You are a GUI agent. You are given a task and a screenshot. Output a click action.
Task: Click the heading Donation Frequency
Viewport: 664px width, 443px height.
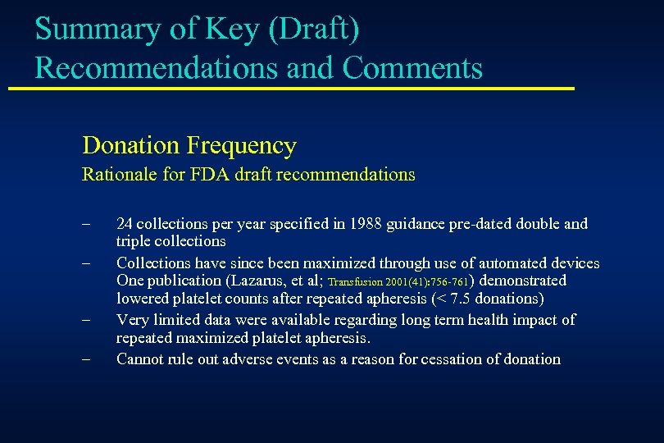pyautogui.click(x=189, y=146)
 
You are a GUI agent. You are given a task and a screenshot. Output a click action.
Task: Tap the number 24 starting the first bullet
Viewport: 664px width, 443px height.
pyautogui.click(x=125, y=223)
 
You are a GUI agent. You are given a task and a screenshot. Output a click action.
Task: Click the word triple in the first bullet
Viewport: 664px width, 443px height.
pyautogui.click(x=134, y=241)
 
